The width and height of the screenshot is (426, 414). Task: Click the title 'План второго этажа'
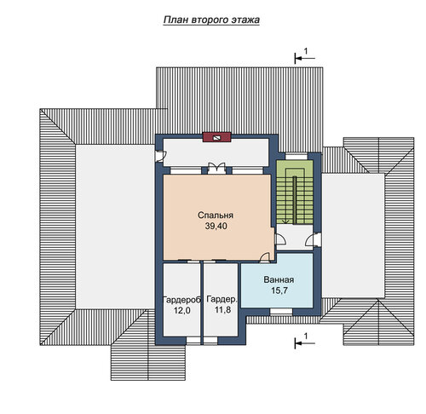click(211, 20)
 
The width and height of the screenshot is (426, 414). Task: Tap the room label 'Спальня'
click(216, 216)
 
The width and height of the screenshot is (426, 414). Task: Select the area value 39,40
click(216, 226)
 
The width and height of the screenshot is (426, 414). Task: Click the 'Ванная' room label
click(279, 279)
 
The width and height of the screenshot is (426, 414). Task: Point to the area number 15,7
click(279, 290)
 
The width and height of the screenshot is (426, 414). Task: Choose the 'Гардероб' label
click(181, 300)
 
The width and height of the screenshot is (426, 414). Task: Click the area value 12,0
click(182, 310)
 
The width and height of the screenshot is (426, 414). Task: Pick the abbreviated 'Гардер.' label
click(222, 299)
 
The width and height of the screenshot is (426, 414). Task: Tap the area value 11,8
click(222, 310)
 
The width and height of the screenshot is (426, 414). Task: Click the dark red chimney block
click(216, 137)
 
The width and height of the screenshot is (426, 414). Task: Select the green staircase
click(295, 193)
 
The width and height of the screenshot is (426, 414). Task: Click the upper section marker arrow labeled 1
click(305, 58)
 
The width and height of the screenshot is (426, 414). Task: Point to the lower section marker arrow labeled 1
click(305, 343)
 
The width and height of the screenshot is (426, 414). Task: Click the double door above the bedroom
click(216, 169)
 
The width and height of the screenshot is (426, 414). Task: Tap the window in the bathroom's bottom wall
click(281, 312)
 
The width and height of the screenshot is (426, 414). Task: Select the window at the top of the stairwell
click(296, 157)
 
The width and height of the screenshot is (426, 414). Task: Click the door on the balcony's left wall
click(160, 156)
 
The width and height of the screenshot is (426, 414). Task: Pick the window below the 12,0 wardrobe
click(193, 340)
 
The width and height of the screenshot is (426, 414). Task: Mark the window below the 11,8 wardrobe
click(210, 340)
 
